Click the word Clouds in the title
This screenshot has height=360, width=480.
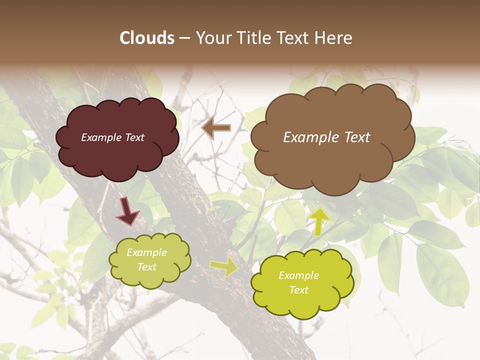[147, 38]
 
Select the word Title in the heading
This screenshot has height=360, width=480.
[252, 38]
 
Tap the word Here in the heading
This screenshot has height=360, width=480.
[333, 38]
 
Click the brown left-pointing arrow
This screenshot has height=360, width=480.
[216, 128]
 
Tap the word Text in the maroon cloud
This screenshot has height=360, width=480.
[133, 137]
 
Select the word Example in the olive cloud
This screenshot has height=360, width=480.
[147, 253]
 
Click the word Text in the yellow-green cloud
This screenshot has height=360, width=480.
[299, 290]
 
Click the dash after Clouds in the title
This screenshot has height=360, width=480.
[184, 38]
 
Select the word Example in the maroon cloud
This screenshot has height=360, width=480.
[100, 137]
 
